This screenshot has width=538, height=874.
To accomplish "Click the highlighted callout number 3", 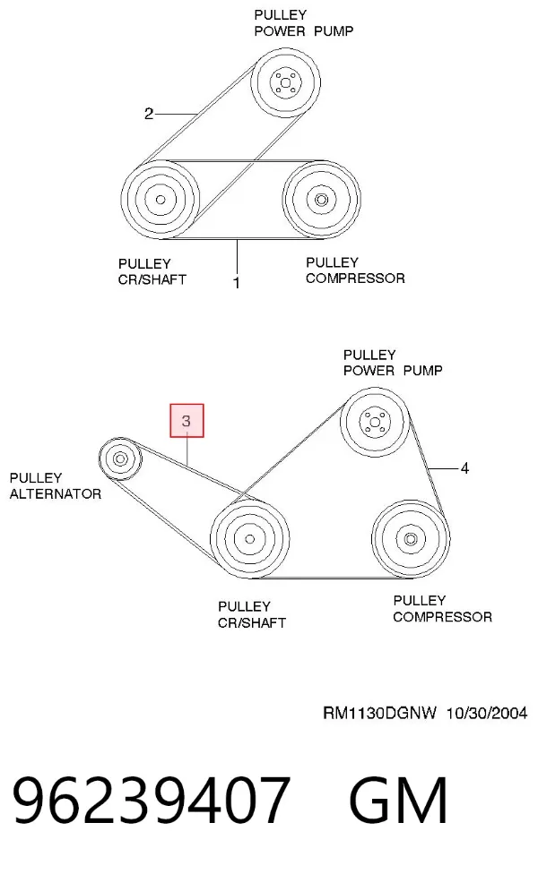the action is [187, 421].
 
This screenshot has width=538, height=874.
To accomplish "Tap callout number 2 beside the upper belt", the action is [149, 114].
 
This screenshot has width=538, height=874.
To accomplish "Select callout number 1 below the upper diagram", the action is [237, 283].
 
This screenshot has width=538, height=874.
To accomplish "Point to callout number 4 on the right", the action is [464, 468].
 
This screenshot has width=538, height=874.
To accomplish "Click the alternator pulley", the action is [120, 458].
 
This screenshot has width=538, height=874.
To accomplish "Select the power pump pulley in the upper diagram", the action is [286, 83].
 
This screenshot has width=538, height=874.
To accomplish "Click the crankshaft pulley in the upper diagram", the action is [161, 200].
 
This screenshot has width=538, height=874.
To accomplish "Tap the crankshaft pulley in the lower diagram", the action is [249, 539].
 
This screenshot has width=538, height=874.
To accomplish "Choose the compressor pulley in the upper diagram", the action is [321, 200].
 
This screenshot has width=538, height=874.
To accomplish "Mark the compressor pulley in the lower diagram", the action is [410, 539].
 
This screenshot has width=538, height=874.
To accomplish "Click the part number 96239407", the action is [152, 801].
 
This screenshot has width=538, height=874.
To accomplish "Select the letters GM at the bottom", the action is [398, 801].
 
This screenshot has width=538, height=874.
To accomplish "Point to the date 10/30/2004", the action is [487, 713].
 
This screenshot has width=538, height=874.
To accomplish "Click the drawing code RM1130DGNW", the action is [379, 713].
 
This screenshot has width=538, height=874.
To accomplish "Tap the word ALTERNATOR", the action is [56, 493].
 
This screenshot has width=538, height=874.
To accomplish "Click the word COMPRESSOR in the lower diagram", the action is [443, 617].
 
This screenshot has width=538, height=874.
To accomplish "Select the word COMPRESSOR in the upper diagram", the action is [355, 278].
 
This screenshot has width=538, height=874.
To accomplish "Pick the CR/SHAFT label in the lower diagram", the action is [252, 622].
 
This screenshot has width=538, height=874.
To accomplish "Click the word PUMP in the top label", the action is [334, 31].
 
